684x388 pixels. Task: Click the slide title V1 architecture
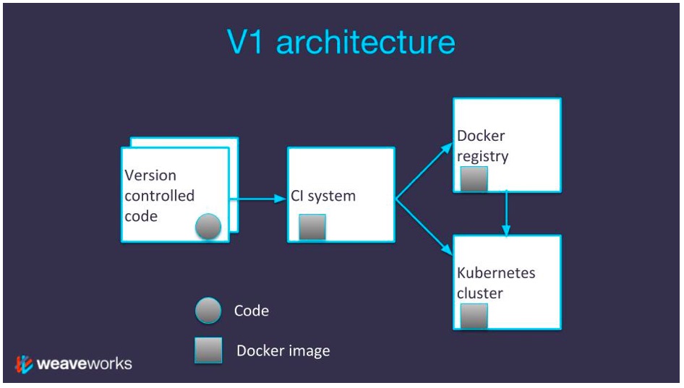341,42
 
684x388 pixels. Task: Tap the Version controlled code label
159,196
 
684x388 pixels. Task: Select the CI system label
323,197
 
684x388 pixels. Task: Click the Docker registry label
483,146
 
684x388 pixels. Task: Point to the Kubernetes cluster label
496,283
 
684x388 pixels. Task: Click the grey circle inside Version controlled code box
208,226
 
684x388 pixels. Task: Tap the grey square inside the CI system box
312,227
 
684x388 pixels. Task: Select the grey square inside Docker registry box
474,178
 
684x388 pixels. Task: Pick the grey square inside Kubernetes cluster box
474,316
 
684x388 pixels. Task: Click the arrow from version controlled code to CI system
257,199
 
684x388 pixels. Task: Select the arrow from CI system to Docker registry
424,171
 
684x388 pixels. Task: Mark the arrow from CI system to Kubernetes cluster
424,227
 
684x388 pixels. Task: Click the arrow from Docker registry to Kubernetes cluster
506,212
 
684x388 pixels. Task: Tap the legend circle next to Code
208,311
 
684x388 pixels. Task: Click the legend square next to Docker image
208,350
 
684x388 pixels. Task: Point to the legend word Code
252,311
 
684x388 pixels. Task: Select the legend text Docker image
283,351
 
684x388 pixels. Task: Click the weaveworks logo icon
24,364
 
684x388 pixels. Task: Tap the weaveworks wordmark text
84,363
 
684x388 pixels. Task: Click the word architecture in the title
366,42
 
